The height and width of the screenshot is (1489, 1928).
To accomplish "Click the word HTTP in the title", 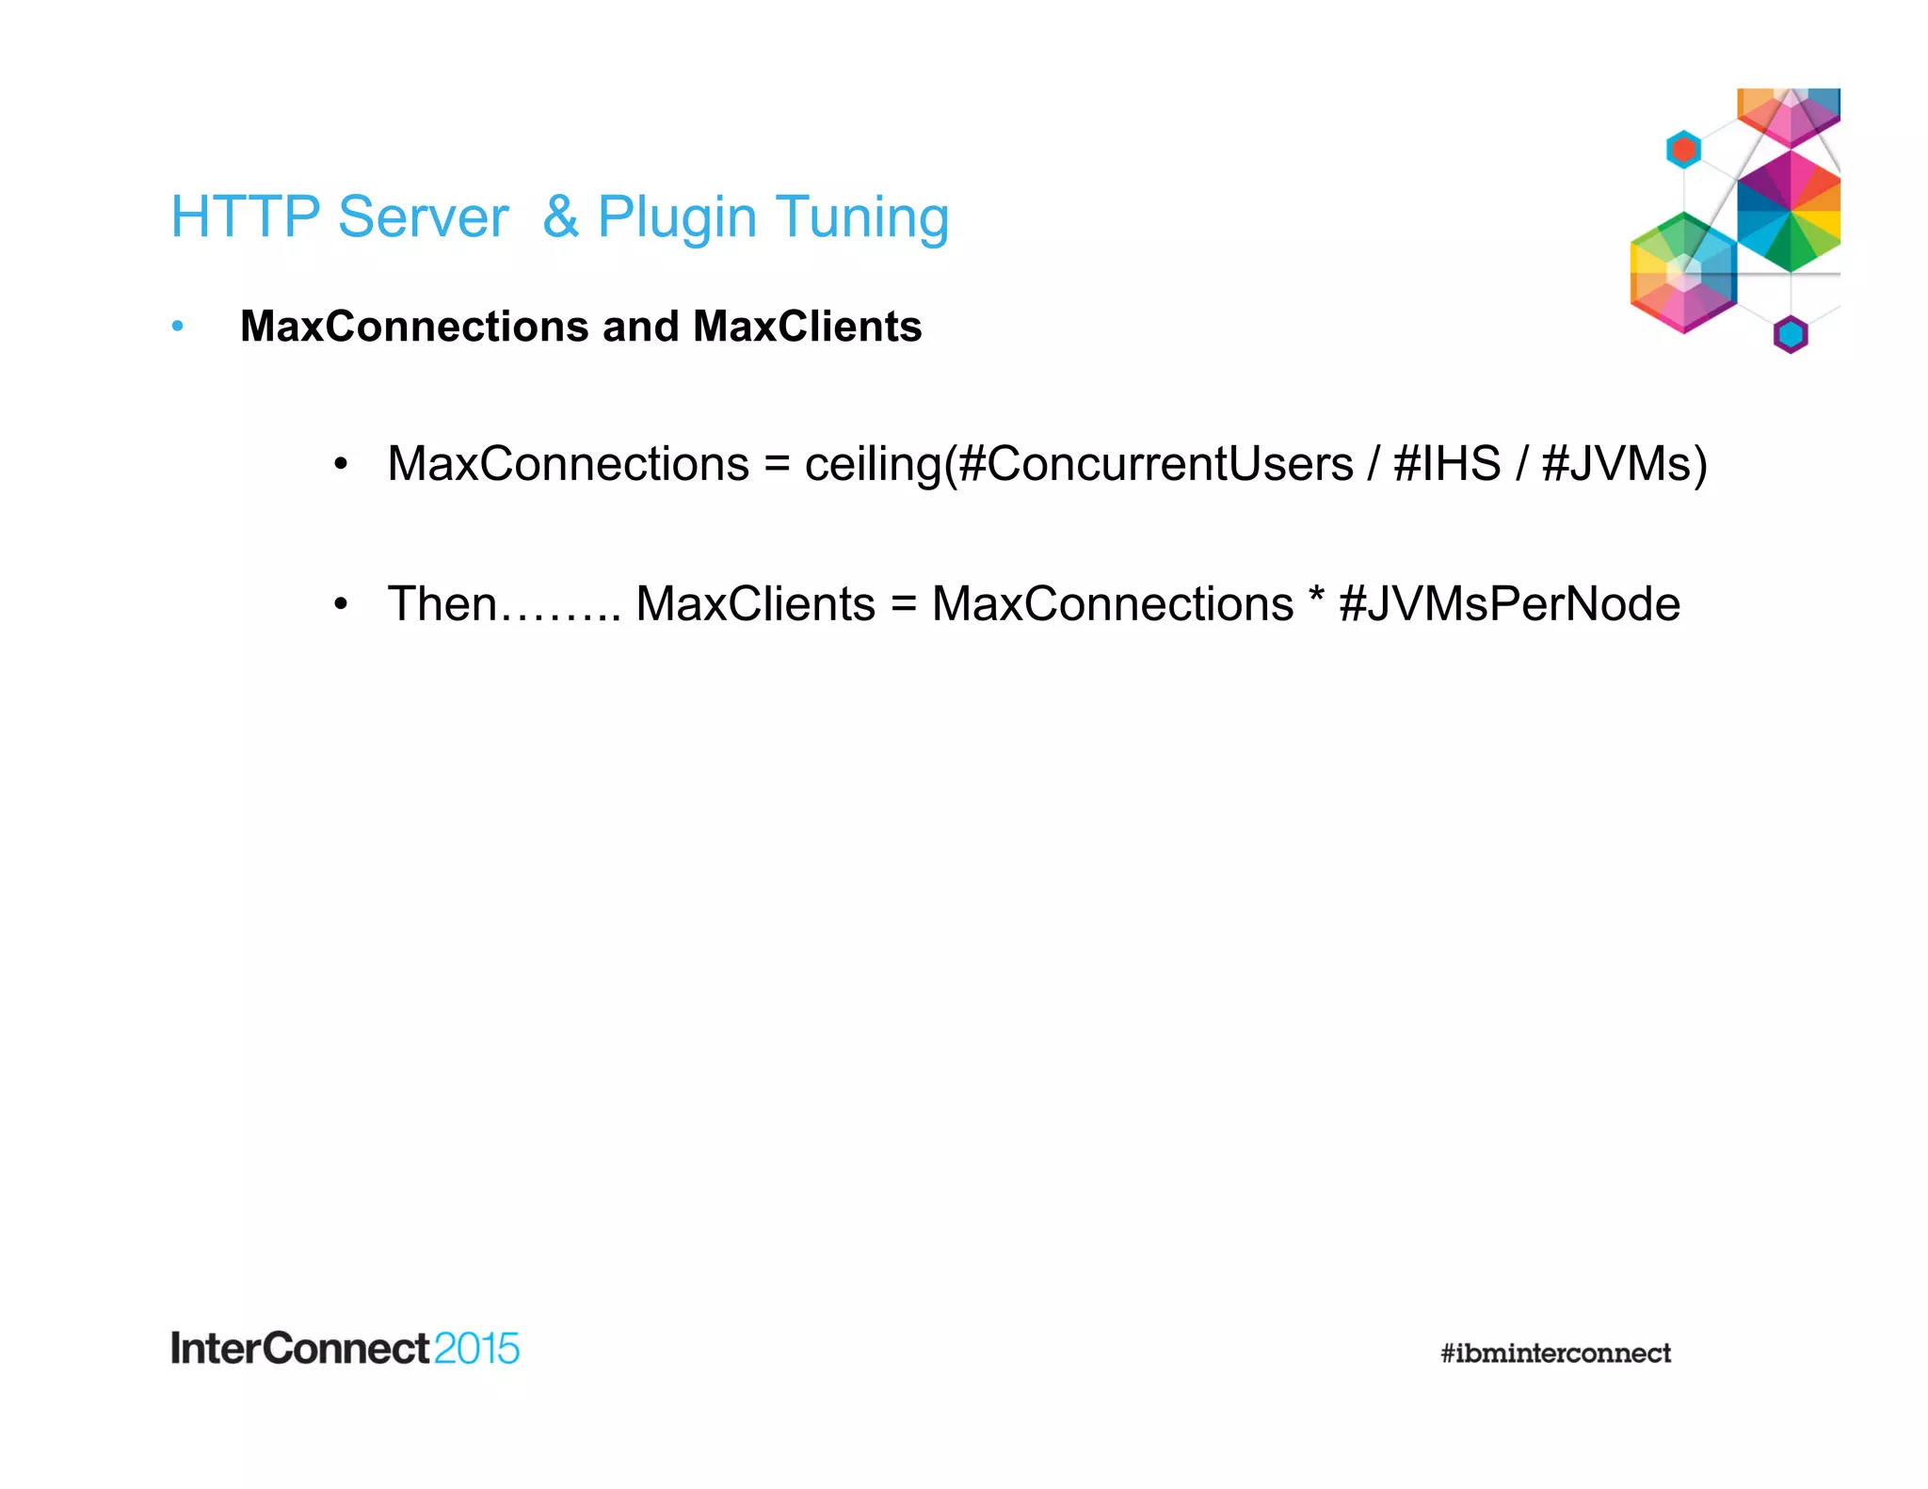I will coord(246,217).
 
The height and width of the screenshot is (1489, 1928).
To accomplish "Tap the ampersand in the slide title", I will coord(560,217).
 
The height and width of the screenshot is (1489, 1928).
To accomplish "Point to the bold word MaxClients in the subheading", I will coord(807,327).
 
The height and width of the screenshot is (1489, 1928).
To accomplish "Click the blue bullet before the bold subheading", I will coord(178,327).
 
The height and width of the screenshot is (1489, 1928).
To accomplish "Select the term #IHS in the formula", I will coord(1447,464).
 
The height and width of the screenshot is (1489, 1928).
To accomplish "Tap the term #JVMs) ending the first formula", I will coord(1624,464).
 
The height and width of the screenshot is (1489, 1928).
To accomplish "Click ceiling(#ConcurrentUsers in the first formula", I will coord(1079,464).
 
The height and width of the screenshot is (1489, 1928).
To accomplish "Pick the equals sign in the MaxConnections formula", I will coord(777,465).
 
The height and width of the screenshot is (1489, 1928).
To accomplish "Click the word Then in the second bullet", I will coord(442,603).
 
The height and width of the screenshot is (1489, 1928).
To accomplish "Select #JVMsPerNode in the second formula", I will coord(1509,604).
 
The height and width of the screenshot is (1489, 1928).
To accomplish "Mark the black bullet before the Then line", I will coord(341,603).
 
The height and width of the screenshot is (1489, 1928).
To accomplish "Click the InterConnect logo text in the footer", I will coord(300,1348).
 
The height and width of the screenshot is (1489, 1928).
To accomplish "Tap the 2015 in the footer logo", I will coord(476,1349).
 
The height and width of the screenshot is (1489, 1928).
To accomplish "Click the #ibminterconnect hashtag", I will coord(1555,1353).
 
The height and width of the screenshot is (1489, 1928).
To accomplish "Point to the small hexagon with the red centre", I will coord(1683,150).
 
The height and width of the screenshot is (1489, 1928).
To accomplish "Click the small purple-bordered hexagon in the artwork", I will coord(1790,334).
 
